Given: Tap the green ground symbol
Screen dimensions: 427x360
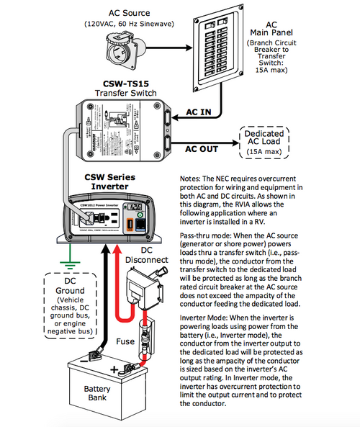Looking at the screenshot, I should point(69,253).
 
